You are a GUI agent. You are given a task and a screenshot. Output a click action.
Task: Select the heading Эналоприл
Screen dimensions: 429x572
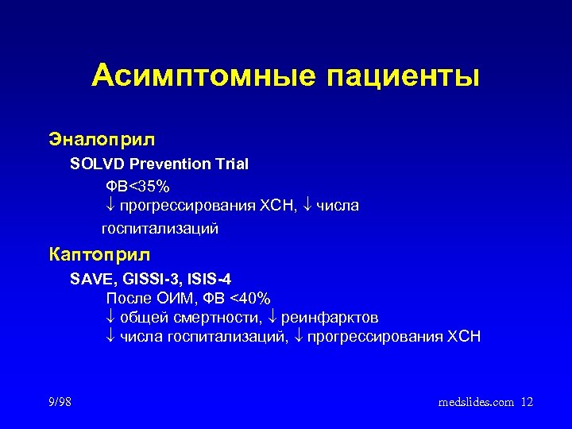pyautogui.click(x=102, y=139)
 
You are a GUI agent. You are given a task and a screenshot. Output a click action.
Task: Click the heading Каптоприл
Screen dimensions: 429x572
pyautogui.click(x=99, y=255)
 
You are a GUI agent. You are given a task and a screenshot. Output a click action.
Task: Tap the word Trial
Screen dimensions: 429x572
pyautogui.click(x=231, y=164)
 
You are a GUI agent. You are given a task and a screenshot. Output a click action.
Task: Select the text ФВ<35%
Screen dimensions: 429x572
pyautogui.click(x=137, y=186)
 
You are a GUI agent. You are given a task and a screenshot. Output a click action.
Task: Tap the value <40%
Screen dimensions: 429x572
pyautogui.click(x=248, y=299)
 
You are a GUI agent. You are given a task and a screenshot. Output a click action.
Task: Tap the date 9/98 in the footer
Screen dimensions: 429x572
pyautogui.click(x=60, y=403)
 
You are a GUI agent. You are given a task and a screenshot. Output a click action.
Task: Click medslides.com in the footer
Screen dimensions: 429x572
pyautogui.click(x=477, y=403)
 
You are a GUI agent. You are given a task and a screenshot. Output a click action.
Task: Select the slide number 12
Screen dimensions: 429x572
pyautogui.click(x=527, y=403)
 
